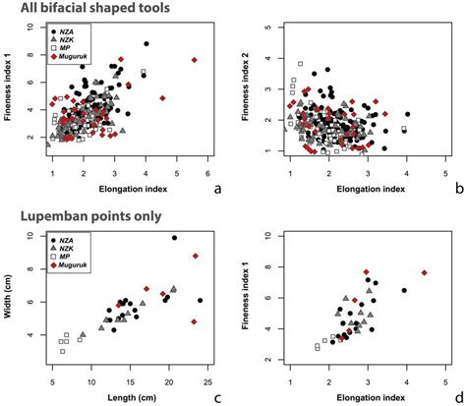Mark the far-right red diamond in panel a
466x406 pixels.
pos(195,60)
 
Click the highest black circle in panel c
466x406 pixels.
pos(174,238)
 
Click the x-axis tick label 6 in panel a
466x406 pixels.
pos(208,172)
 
